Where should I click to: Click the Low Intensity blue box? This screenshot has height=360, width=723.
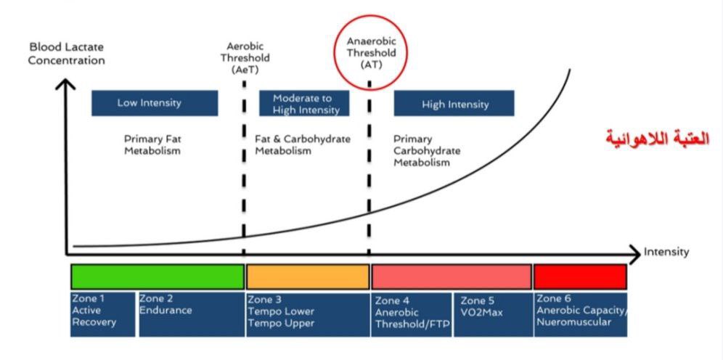154,103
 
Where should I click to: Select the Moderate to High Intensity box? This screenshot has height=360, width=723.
304,103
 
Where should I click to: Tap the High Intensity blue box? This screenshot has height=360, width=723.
454,103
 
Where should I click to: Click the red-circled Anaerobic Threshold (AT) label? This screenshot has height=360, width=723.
370,52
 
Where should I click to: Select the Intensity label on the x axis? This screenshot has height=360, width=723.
666,253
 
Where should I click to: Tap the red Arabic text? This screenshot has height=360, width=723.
657,139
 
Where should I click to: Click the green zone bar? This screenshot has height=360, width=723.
158,277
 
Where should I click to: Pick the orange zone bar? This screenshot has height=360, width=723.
308,277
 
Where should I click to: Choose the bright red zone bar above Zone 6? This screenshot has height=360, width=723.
579,277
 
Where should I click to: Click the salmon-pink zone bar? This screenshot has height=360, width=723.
451,277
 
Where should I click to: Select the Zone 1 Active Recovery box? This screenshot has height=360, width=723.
102,314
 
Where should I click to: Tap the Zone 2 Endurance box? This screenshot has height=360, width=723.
191,314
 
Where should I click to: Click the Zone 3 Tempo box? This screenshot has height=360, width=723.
307,314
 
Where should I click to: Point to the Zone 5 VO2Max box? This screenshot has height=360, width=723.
493,314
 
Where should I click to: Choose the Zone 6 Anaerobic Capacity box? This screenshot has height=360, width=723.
581,314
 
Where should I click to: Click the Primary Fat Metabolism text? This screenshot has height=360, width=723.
152,144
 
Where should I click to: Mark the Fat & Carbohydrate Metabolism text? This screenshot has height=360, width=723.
302,144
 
